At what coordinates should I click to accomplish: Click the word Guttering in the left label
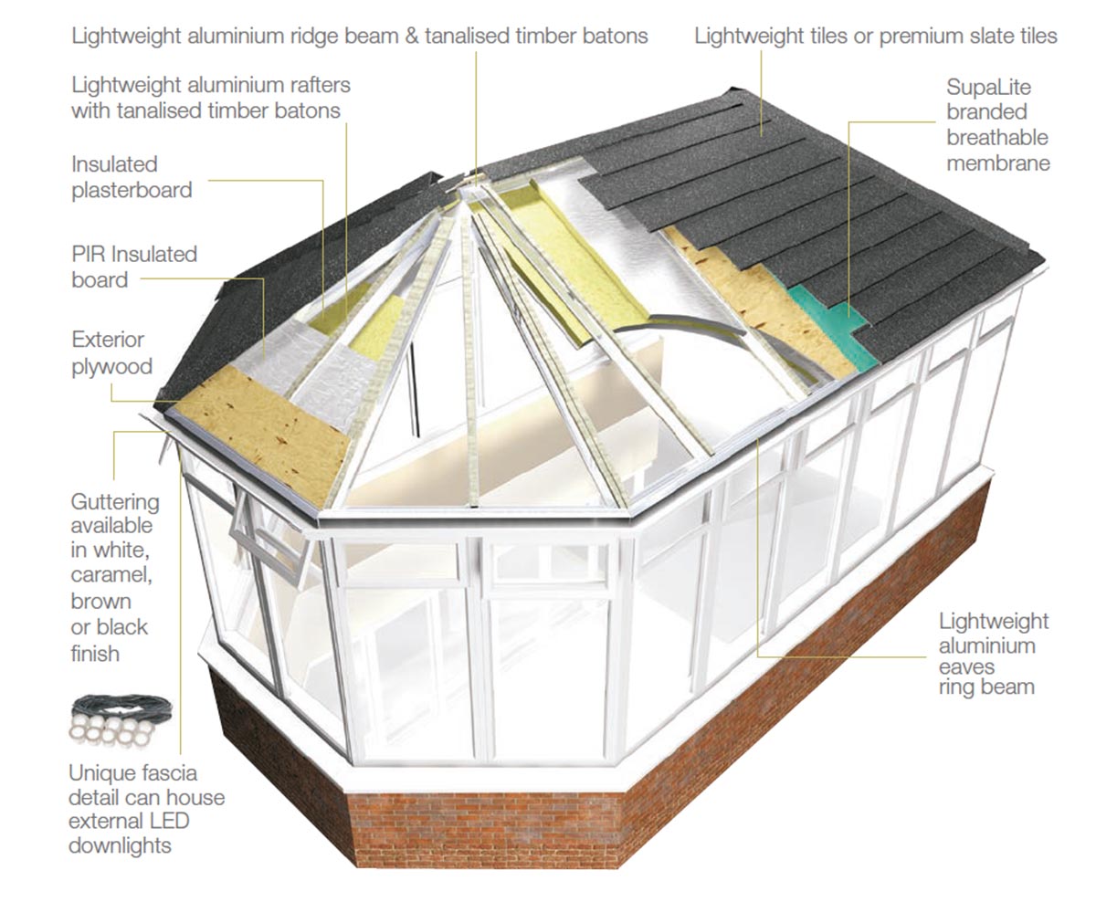[x=114, y=501]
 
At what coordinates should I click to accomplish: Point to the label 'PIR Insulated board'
[x=134, y=266]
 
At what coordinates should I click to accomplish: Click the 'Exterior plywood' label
[x=111, y=352]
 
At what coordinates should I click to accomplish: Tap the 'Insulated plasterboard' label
[x=132, y=177]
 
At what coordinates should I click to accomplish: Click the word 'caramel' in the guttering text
[x=109, y=577]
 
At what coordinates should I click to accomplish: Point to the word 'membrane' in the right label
[x=997, y=163]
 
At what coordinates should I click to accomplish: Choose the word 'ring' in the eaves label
[x=960, y=687]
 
